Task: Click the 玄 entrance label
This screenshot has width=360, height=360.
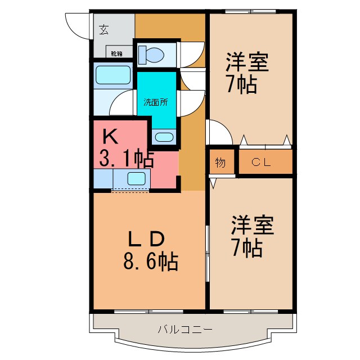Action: click(x=104, y=30)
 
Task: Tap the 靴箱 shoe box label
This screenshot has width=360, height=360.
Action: click(x=116, y=54)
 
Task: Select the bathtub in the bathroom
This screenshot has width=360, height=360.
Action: click(x=112, y=74)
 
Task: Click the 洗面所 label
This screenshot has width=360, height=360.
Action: click(x=155, y=102)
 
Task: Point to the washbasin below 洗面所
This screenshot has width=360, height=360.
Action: click(x=164, y=137)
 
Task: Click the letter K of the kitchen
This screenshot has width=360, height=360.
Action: click(x=110, y=136)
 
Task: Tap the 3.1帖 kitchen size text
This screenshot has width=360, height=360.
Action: click(x=126, y=160)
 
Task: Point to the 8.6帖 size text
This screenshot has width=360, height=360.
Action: click(x=150, y=261)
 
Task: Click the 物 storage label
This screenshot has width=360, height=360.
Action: click(x=220, y=163)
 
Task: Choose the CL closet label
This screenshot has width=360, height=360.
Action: click(x=261, y=163)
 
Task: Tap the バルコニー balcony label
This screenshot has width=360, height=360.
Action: click(x=185, y=329)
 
